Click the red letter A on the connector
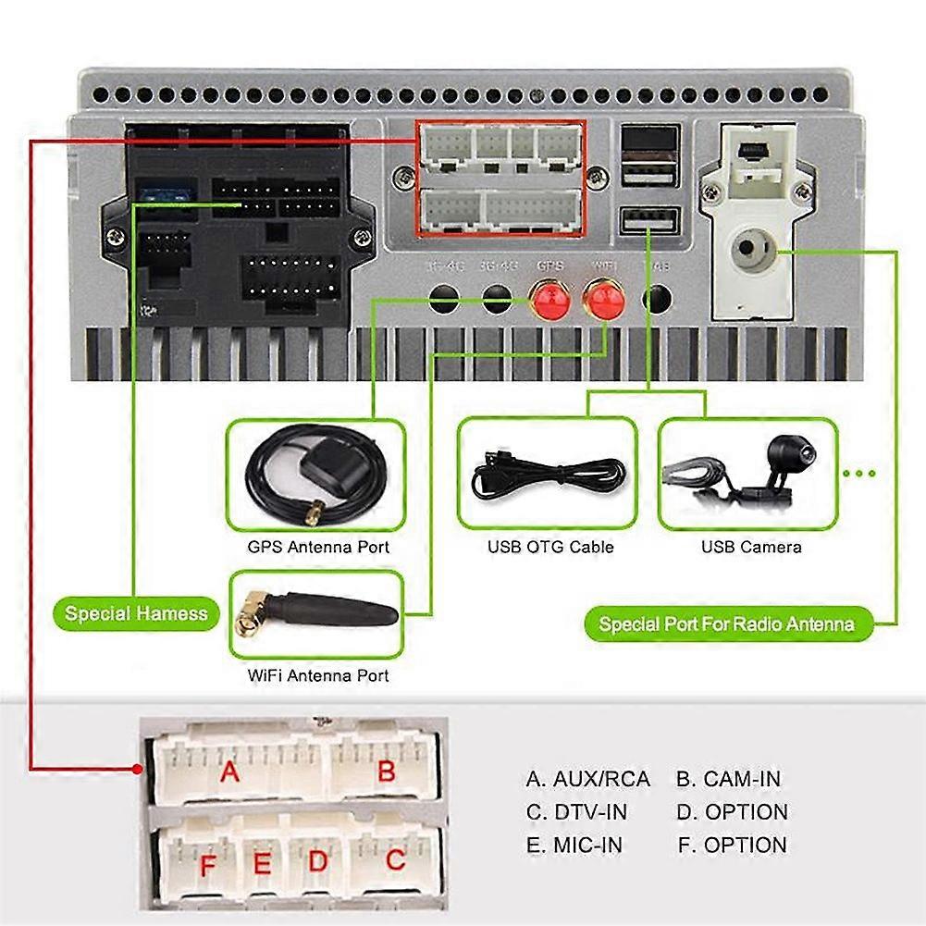point(228,771)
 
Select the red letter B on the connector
point(386,771)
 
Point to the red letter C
point(395,861)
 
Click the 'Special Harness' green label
point(136,613)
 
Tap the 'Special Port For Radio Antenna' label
point(726,624)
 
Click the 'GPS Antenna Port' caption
point(318,547)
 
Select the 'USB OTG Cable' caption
point(550,547)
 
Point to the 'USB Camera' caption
point(751,547)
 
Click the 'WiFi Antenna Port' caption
point(318,675)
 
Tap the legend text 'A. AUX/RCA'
point(588,779)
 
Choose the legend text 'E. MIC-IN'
point(574,845)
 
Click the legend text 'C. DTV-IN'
point(576,812)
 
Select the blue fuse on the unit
point(165,196)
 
